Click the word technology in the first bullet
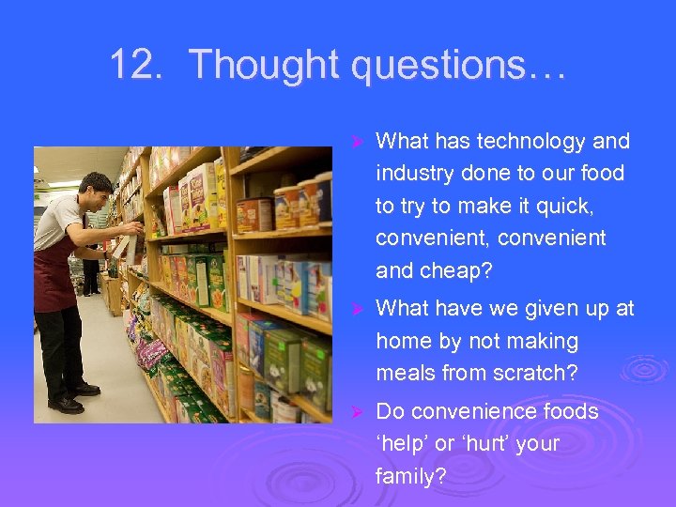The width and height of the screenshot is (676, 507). click(x=531, y=142)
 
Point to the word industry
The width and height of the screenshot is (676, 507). click(x=415, y=174)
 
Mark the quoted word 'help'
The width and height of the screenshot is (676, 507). click(x=402, y=443)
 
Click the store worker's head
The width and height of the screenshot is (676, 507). click(x=94, y=192)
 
